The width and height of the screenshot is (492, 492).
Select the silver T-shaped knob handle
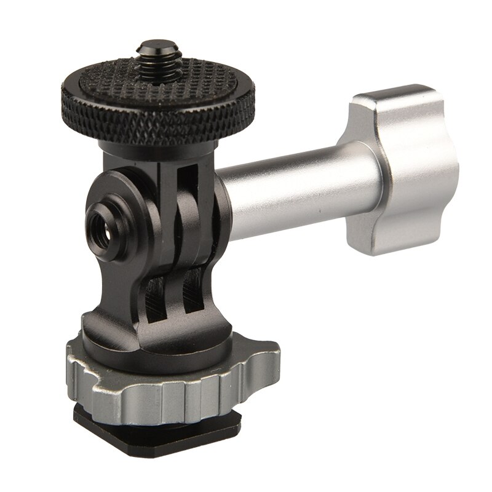point(375,173)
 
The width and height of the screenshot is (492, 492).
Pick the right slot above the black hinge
point(191,184)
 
